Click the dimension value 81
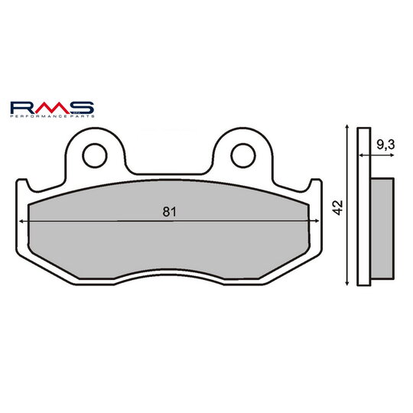(169, 213)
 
